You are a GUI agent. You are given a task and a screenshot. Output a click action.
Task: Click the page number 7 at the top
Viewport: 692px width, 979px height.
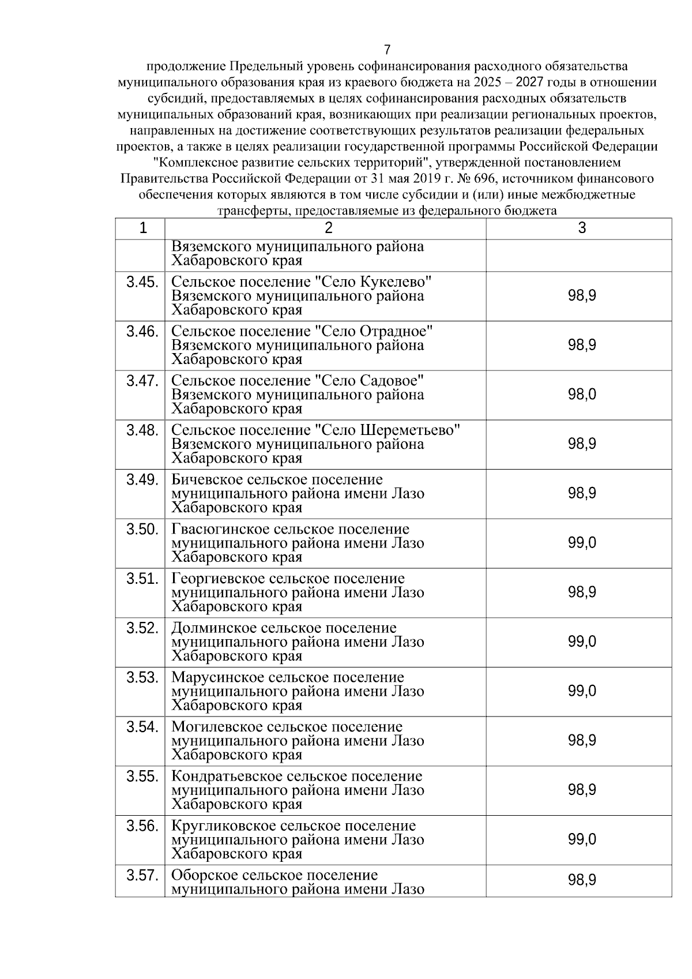(387, 50)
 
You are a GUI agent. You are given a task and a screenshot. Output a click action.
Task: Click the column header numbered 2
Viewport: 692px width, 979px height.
(328, 228)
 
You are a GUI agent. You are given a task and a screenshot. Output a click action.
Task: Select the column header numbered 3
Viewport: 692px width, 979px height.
(581, 228)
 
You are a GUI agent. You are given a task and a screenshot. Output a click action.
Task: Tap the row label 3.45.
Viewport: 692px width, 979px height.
(142, 282)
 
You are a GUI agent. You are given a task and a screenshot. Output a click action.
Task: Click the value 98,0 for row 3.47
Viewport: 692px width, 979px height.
(581, 395)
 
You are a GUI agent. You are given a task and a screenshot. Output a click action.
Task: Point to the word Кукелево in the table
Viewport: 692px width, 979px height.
(397, 282)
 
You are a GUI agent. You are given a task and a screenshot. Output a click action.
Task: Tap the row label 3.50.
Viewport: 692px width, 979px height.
(142, 529)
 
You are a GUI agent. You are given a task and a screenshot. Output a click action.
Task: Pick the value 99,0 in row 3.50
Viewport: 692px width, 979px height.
(581, 543)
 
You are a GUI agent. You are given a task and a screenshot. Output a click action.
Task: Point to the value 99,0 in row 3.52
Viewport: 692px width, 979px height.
(581, 642)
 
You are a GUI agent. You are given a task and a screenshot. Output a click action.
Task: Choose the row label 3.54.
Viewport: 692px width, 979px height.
(142, 727)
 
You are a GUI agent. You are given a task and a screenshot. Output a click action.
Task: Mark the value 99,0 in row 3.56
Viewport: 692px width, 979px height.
(581, 839)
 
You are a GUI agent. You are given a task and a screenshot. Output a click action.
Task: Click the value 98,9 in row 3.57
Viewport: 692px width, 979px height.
(581, 880)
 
